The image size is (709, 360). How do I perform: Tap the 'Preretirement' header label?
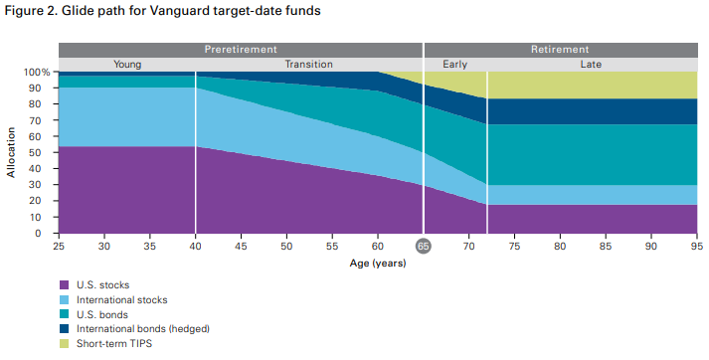241,49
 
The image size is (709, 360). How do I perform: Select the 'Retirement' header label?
560,49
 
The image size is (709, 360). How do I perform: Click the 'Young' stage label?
127,65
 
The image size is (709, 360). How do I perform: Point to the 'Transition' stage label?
309,65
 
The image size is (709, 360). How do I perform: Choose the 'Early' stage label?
455,65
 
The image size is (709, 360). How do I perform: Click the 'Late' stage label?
592,65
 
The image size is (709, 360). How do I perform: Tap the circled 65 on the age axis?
424,247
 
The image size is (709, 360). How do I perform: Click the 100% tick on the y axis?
37,73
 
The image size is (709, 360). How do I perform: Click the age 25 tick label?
59,246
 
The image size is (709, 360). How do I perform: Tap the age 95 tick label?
697,246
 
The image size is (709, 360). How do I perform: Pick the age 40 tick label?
196,246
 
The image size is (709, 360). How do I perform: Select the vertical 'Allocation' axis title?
11,152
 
